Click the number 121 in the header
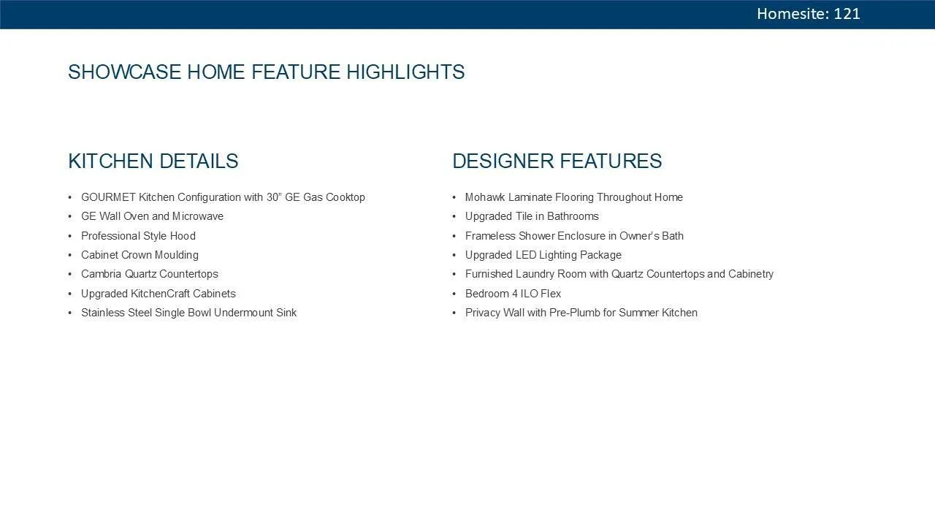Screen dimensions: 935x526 tap(847, 14)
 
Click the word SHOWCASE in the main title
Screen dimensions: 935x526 tap(124, 72)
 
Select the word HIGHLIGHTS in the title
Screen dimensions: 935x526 tap(405, 72)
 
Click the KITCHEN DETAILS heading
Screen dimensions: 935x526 tap(153, 161)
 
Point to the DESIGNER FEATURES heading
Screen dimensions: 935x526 tap(557, 161)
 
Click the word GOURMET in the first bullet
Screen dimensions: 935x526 tap(108, 197)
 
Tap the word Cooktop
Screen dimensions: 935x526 tap(346, 197)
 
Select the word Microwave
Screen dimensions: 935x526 tap(198, 216)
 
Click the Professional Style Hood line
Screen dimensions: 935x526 tap(138, 236)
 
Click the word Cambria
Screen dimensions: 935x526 tap(102, 274)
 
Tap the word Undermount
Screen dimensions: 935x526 tap(243, 313)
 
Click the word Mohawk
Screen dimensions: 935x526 tap(485, 197)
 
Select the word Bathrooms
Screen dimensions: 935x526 tap(573, 216)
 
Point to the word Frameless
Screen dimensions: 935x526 tap(490, 236)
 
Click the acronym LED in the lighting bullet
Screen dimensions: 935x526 tap(526, 255)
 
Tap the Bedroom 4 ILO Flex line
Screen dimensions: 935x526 tap(513, 294)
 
